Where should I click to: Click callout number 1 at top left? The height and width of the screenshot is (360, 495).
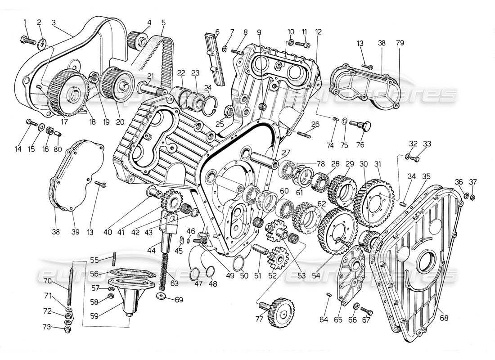point(25,22)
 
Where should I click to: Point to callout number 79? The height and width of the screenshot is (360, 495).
point(400,43)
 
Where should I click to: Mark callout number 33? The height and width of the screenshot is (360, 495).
point(427,144)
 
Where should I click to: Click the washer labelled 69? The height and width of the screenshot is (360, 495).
point(161,297)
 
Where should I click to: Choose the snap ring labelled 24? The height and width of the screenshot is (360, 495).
point(210,104)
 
